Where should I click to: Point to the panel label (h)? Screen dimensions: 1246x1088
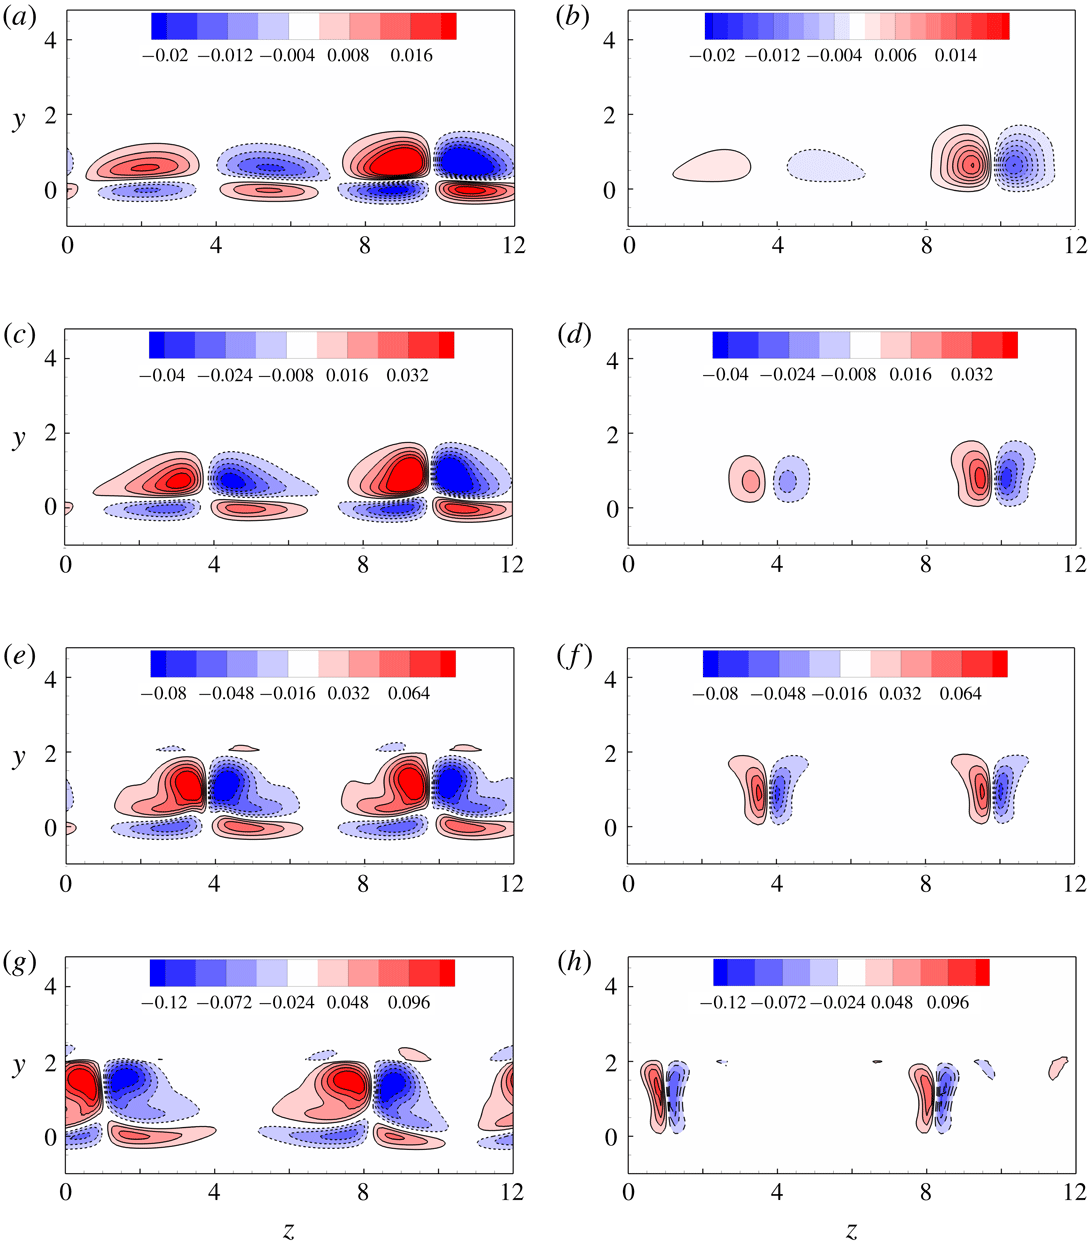click(576, 963)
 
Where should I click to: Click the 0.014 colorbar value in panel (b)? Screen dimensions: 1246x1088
click(956, 56)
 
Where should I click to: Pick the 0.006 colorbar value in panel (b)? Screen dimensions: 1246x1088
click(895, 56)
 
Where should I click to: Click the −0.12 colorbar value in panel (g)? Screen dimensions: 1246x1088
click(167, 1002)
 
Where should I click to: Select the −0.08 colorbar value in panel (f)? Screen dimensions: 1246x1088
click(717, 693)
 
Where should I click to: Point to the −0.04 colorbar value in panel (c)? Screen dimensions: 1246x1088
click(167, 376)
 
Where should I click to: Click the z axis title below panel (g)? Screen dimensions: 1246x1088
click(289, 1231)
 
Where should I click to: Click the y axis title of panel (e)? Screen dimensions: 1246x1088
click(19, 757)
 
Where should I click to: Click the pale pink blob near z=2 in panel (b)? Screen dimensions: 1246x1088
click(712, 165)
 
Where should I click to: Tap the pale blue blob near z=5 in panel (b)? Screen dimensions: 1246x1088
click(824, 166)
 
